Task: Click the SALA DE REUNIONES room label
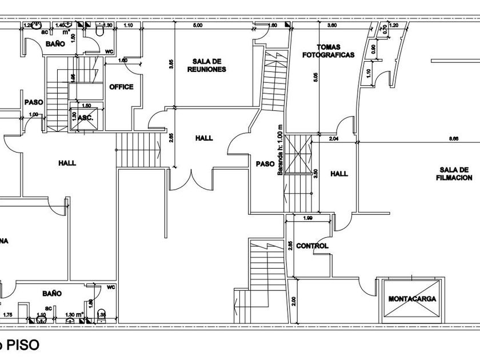[x=206, y=65]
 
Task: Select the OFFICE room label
[x=121, y=87]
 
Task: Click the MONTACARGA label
[x=412, y=299]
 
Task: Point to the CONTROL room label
[x=313, y=246]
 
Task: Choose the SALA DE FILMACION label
[x=455, y=174]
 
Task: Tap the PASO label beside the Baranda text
[x=265, y=163]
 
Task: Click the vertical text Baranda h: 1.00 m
[x=280, y=150]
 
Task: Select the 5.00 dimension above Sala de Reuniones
[x=198, y=26]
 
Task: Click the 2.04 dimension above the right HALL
[x=334, y=138]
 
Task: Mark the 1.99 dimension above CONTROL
[x=307, y=218]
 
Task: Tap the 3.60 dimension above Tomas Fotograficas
[x=331, y=26]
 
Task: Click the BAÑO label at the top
[x=54, y=43]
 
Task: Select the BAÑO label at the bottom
[x=51, y=293]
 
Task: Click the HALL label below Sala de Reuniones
[x=203, y=138]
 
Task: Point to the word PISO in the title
[x=23, y=345]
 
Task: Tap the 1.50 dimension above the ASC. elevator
[x=86, y=105]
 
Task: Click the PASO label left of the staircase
[x=34, y=102]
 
